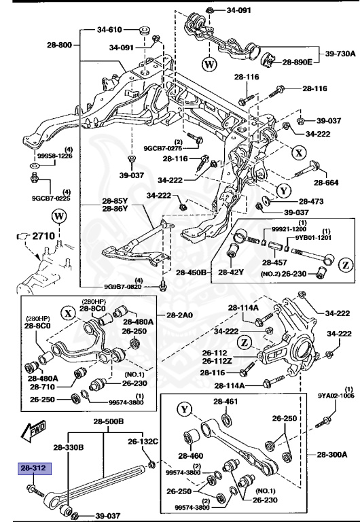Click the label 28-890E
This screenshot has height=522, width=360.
[x=297, y=62]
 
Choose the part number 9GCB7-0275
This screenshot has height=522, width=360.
[x=163, y=147]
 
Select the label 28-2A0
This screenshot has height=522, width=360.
[x=180, y=315]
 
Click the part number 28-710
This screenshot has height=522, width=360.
[x=41, y=387]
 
